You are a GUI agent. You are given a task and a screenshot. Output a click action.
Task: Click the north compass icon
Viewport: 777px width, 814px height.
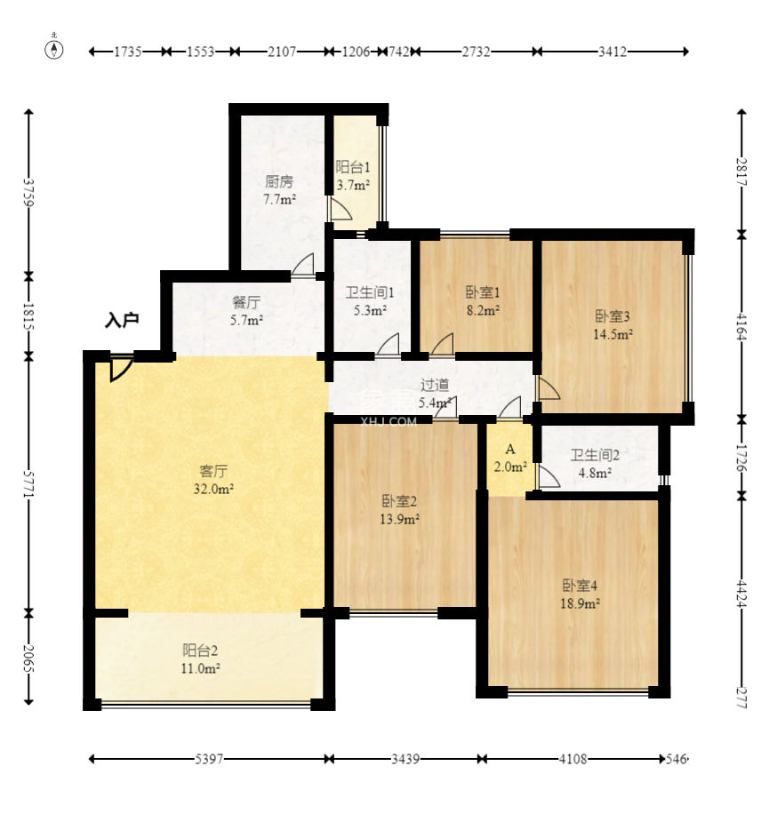[53, 48]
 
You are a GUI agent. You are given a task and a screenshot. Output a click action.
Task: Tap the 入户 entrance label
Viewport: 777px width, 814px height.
[122, 320]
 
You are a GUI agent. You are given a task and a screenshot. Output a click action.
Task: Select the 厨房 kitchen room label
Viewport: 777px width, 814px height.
[279, 181]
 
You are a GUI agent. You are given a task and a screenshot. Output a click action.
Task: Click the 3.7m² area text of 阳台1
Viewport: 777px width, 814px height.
[353, 185]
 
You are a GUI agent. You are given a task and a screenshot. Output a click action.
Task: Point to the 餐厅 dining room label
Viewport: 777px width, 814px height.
[246, 302]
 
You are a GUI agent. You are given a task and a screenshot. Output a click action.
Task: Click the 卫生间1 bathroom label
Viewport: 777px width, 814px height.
[370, 292]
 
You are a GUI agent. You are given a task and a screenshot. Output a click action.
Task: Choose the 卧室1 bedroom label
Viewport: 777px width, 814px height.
[483, 292]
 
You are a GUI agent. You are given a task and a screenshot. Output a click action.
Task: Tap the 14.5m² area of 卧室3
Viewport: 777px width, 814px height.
[613, 334]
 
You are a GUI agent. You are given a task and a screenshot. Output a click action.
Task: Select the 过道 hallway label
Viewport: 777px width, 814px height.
[435, 385]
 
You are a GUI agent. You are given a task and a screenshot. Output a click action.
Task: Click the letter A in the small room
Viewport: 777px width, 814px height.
[510, 450]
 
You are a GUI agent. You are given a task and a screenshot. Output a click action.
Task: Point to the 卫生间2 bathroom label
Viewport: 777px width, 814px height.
[596, 455]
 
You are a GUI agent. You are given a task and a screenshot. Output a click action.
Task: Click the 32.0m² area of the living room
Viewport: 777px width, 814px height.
[213, 489]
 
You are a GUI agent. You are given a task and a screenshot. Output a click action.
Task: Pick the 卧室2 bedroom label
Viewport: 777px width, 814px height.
[399, 501]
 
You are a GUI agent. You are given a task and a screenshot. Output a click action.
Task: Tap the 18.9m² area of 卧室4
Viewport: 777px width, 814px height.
[581, 603]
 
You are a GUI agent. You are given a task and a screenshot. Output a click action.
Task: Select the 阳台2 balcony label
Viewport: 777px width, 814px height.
[200, 650]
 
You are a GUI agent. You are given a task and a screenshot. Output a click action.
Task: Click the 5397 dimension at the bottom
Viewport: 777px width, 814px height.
[209, 760]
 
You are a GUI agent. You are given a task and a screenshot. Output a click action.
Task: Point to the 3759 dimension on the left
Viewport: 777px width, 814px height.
[29, 193]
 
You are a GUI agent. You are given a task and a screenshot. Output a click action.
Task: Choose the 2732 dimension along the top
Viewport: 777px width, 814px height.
[477, 52]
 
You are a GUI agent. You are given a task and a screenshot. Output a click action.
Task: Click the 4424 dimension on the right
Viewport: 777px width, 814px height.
[741, 594]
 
